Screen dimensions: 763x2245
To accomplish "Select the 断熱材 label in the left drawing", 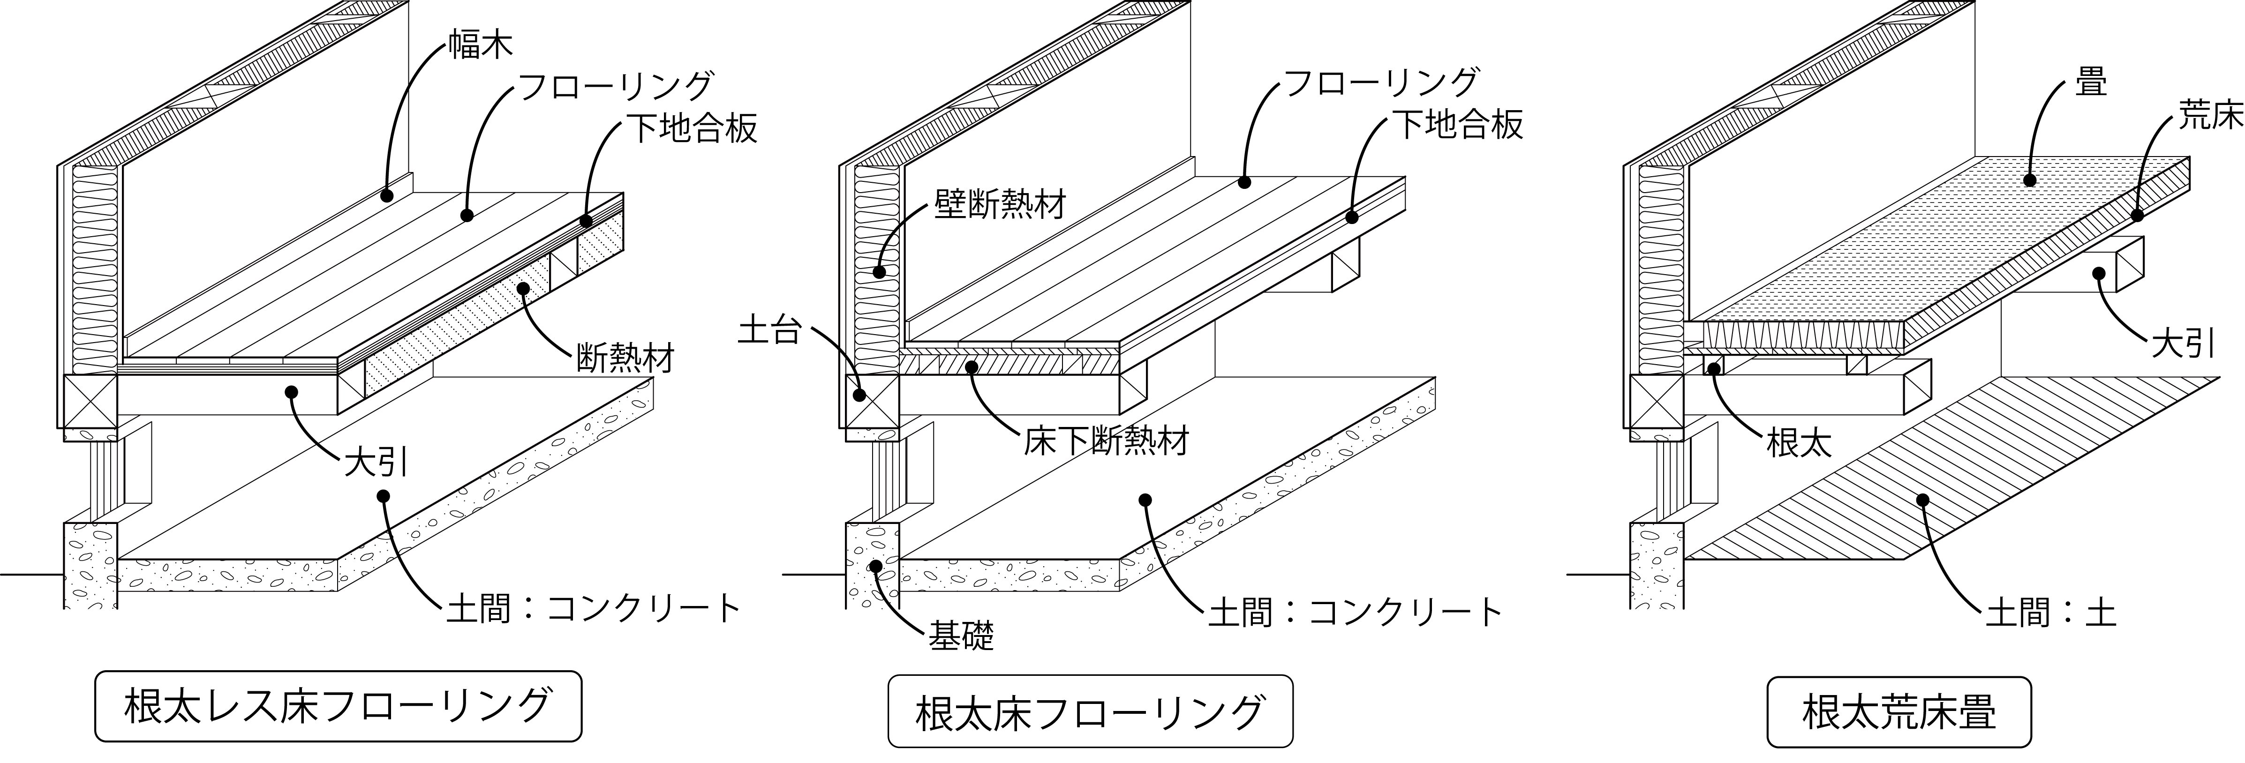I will click(626, 358).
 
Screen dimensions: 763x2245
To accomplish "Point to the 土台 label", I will click(768, 331).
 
